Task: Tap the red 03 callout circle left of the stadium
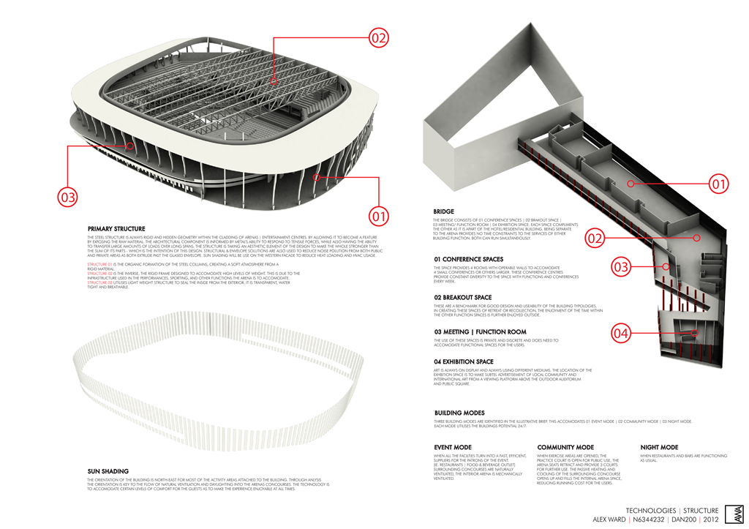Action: coord(68,197)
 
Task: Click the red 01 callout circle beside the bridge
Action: coord(718,184)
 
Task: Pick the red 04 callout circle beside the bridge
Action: coord(621,334)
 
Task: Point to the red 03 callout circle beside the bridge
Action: coord(621,267)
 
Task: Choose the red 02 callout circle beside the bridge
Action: coord(595,238)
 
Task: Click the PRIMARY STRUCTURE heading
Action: coord(116,229)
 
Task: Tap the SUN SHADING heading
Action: coord(108,471)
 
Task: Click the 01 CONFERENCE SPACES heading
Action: coord(468,259)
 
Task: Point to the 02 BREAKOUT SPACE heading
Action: coord(462,297)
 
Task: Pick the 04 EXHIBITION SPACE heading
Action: coord(464,362)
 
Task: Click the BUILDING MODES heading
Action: coord(459,413)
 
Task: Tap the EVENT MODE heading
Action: coord(453,447)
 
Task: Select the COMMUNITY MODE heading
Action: coord(565,447)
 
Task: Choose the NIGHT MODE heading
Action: coord(659,447)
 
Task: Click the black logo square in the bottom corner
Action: coord(734,514)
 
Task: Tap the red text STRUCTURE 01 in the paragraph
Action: coord(99,263)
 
